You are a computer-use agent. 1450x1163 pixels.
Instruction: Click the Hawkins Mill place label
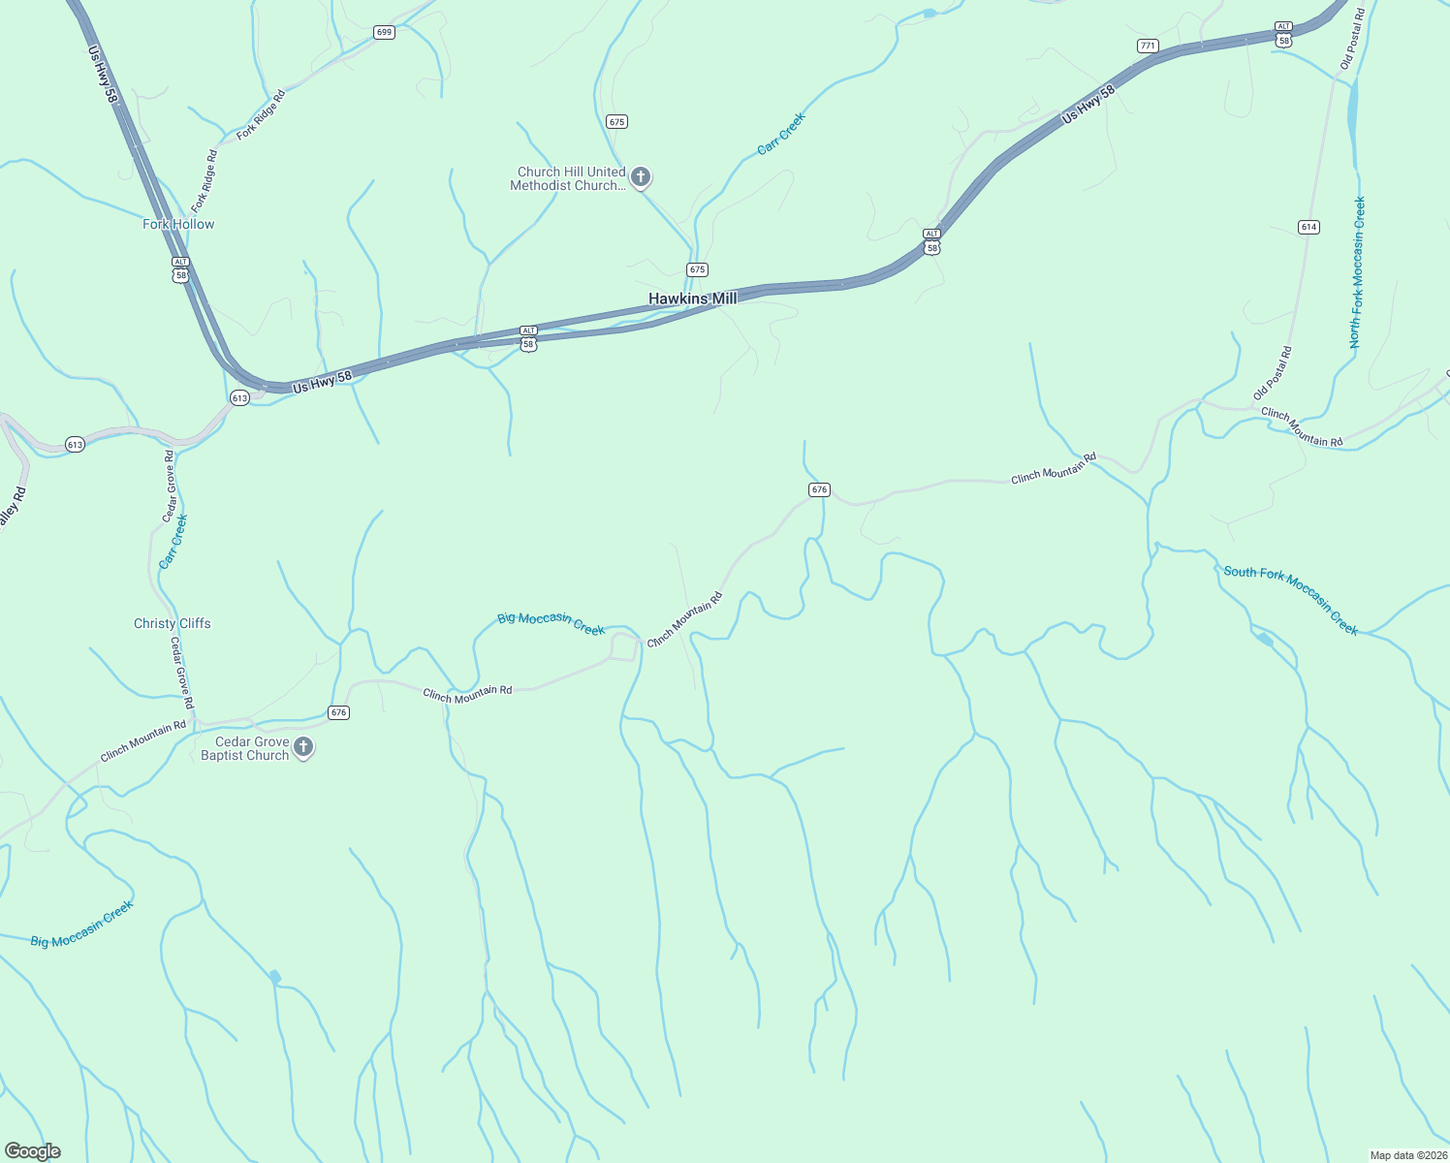click(692, 299)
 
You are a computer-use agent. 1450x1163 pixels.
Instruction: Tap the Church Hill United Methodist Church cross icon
click(640, 177)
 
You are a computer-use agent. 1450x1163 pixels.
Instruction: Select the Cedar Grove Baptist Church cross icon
click(303, 746)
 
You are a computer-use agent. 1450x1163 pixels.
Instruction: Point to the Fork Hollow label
click(178, 224)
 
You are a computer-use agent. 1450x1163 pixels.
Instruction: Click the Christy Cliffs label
click(172, 623)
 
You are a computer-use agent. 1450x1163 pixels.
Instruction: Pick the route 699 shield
click(384, 32)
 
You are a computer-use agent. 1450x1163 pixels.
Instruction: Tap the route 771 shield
click(1148, 46)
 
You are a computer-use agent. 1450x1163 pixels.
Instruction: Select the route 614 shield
click(1308, 227)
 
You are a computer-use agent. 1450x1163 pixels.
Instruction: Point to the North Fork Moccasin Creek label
click(1357, 272)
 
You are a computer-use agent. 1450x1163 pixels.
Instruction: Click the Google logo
click(33, 1151)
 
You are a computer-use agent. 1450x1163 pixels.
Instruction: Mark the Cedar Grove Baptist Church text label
click(245, 748)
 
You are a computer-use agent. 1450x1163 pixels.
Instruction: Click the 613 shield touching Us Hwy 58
click(239, 397)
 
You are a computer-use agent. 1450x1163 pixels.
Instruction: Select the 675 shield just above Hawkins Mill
click(697, 269)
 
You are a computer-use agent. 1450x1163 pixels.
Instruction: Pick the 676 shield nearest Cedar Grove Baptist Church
click(338, 712)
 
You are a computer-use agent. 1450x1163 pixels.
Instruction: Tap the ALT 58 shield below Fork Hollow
click(180, 269)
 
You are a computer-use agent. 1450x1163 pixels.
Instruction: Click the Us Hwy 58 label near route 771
click(1088, 104)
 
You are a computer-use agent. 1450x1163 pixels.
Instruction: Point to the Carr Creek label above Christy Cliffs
click(173, 542)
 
